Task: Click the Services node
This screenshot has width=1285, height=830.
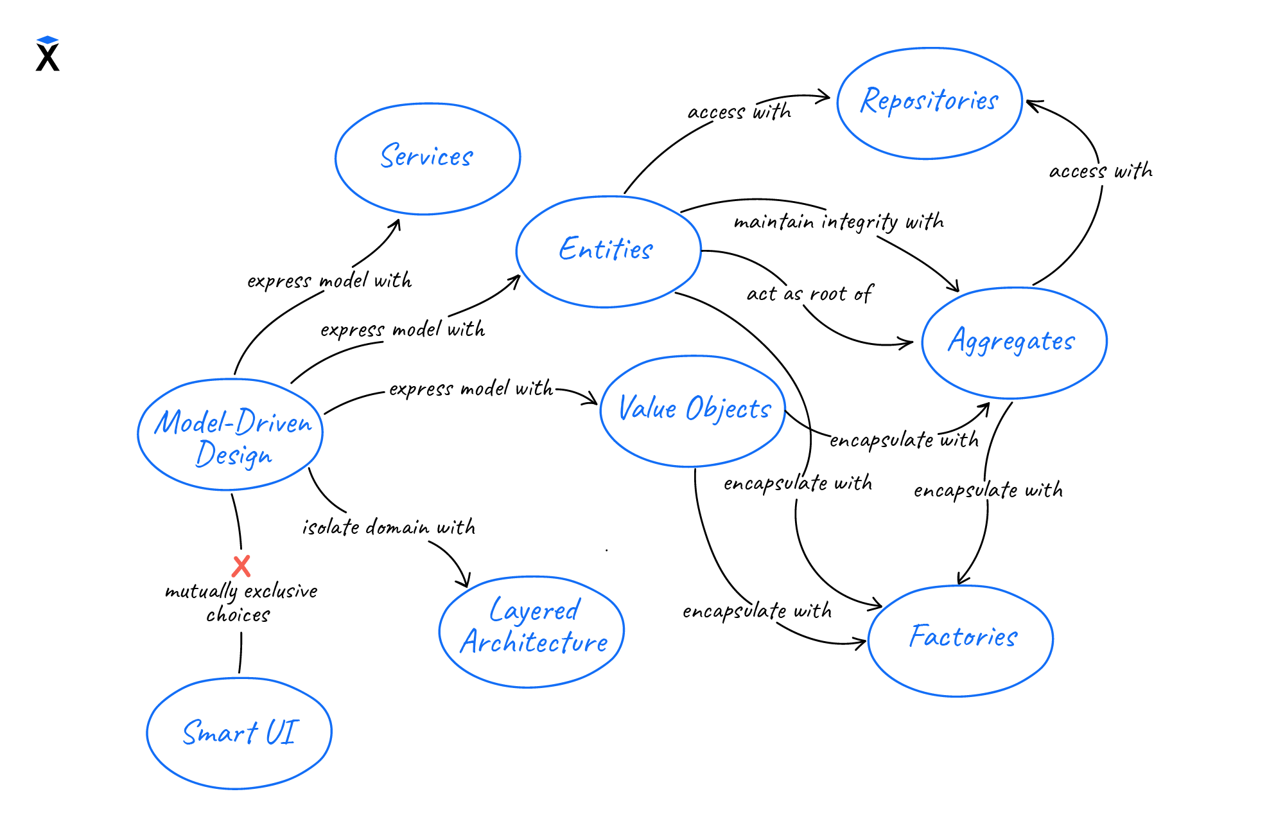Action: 427,158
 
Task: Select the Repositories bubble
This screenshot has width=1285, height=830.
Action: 929,103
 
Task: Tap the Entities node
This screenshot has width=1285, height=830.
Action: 608,251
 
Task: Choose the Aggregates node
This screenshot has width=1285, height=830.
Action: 1013,342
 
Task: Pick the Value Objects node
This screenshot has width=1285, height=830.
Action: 693,411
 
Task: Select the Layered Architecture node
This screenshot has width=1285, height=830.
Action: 532,631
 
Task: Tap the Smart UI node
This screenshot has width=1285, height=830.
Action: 240,733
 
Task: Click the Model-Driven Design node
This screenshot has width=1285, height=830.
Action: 231,435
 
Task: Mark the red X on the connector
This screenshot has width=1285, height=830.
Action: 241,567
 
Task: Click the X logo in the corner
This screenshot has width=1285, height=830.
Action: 48,54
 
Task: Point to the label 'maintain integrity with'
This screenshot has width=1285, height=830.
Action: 839,222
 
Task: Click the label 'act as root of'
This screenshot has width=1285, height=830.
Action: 809,294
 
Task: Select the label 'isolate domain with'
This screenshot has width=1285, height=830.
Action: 389,527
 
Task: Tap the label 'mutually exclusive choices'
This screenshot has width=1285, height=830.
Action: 241,603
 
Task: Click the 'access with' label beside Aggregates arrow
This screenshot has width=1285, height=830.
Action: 1101,172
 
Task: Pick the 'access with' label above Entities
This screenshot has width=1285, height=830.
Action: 739,112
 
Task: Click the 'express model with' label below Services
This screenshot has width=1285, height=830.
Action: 329,281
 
